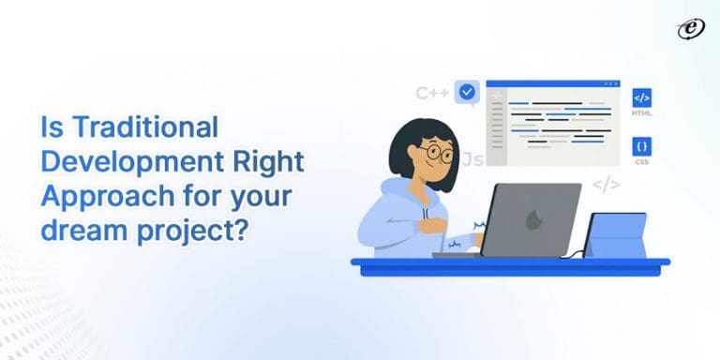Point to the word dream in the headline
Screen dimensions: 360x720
(75, 230)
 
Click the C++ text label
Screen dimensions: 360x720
(432, 93)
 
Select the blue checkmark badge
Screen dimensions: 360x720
(467, 92)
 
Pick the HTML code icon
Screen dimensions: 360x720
(642, 97)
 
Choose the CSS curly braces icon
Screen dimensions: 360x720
(642, 147)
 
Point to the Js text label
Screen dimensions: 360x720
(473, 159)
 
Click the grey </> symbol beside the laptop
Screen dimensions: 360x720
(606, 184)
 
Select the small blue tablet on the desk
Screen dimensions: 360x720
(617, 235)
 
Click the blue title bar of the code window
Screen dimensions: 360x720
(553, 83)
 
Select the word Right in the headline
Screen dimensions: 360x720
(269, 160)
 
